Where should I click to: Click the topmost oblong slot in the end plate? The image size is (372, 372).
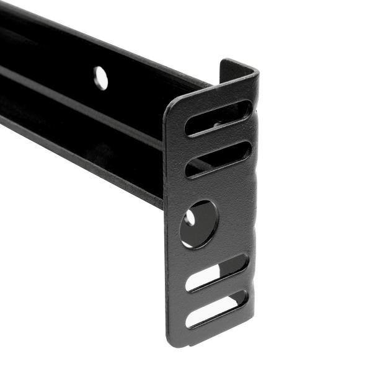tap(218, 118)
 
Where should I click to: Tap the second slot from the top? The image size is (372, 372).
tap(218, 159)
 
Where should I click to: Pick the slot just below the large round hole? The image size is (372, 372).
tap(217, 273)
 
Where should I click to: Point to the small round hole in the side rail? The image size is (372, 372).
tap(100, 77)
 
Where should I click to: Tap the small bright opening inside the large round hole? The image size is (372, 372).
tap(190, 218)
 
